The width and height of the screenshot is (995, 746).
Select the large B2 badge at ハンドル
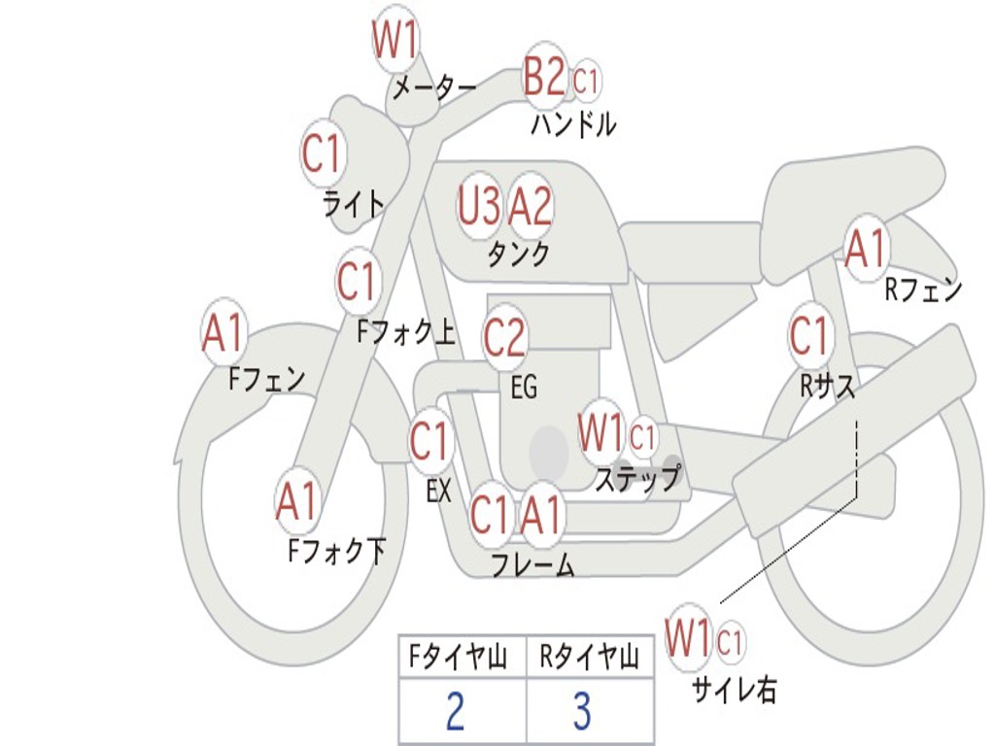(544, 77)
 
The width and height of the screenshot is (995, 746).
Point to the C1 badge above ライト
(324, 153)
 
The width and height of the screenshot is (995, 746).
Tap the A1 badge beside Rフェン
(866, 249)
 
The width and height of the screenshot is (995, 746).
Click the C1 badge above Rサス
(809, 336)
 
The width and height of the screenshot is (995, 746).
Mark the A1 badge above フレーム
(541, 515)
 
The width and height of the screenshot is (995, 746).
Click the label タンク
(518, 254)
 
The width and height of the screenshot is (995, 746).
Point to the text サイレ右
(735, 690)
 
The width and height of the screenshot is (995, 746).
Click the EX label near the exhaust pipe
(439, 492)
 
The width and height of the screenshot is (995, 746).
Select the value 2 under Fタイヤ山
(455, 712)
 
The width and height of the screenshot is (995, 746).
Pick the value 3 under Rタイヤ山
(582, 712)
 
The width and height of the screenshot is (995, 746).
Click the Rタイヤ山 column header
(589, 660)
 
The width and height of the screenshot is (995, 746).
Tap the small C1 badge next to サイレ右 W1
(731, 642)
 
